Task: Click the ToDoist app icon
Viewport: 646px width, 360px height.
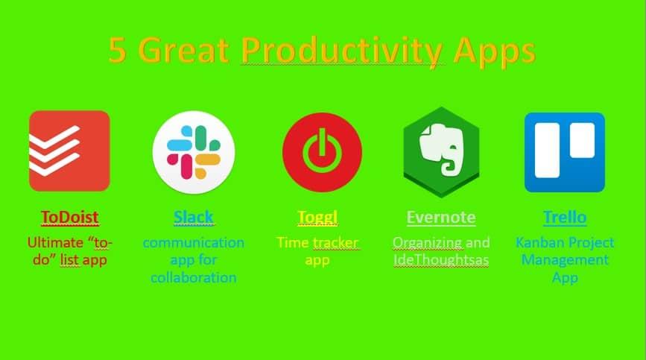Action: click(x=69, y=151)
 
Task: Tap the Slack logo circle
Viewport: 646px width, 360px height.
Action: click(x=194, y=152)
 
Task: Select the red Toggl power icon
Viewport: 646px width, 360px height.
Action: click(x=322, y=152)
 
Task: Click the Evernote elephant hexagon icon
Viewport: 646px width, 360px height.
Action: click(x=441, y=152)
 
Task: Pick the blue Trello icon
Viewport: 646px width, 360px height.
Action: click(x=565, y=152)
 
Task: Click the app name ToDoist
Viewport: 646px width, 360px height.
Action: click(x=69, y=217)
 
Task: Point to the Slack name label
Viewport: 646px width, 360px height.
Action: click(x=193, y=217)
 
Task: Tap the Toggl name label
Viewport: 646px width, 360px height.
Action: click(x=317, y=218)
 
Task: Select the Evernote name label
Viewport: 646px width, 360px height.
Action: click(x=441, y=217)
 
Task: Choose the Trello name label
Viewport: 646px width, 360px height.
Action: click(x=565, y=217)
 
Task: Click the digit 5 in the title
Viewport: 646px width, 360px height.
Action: click(x=118, y=50)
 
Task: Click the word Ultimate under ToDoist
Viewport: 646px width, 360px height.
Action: click(x=55, y=242)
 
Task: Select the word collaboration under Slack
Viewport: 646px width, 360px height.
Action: click(x=193, y=277)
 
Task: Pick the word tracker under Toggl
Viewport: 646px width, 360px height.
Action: click(x=335, y=243)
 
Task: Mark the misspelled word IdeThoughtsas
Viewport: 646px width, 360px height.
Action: click(x=441, y=260)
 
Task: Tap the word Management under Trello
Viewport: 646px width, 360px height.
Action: click(x=565, y=260)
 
